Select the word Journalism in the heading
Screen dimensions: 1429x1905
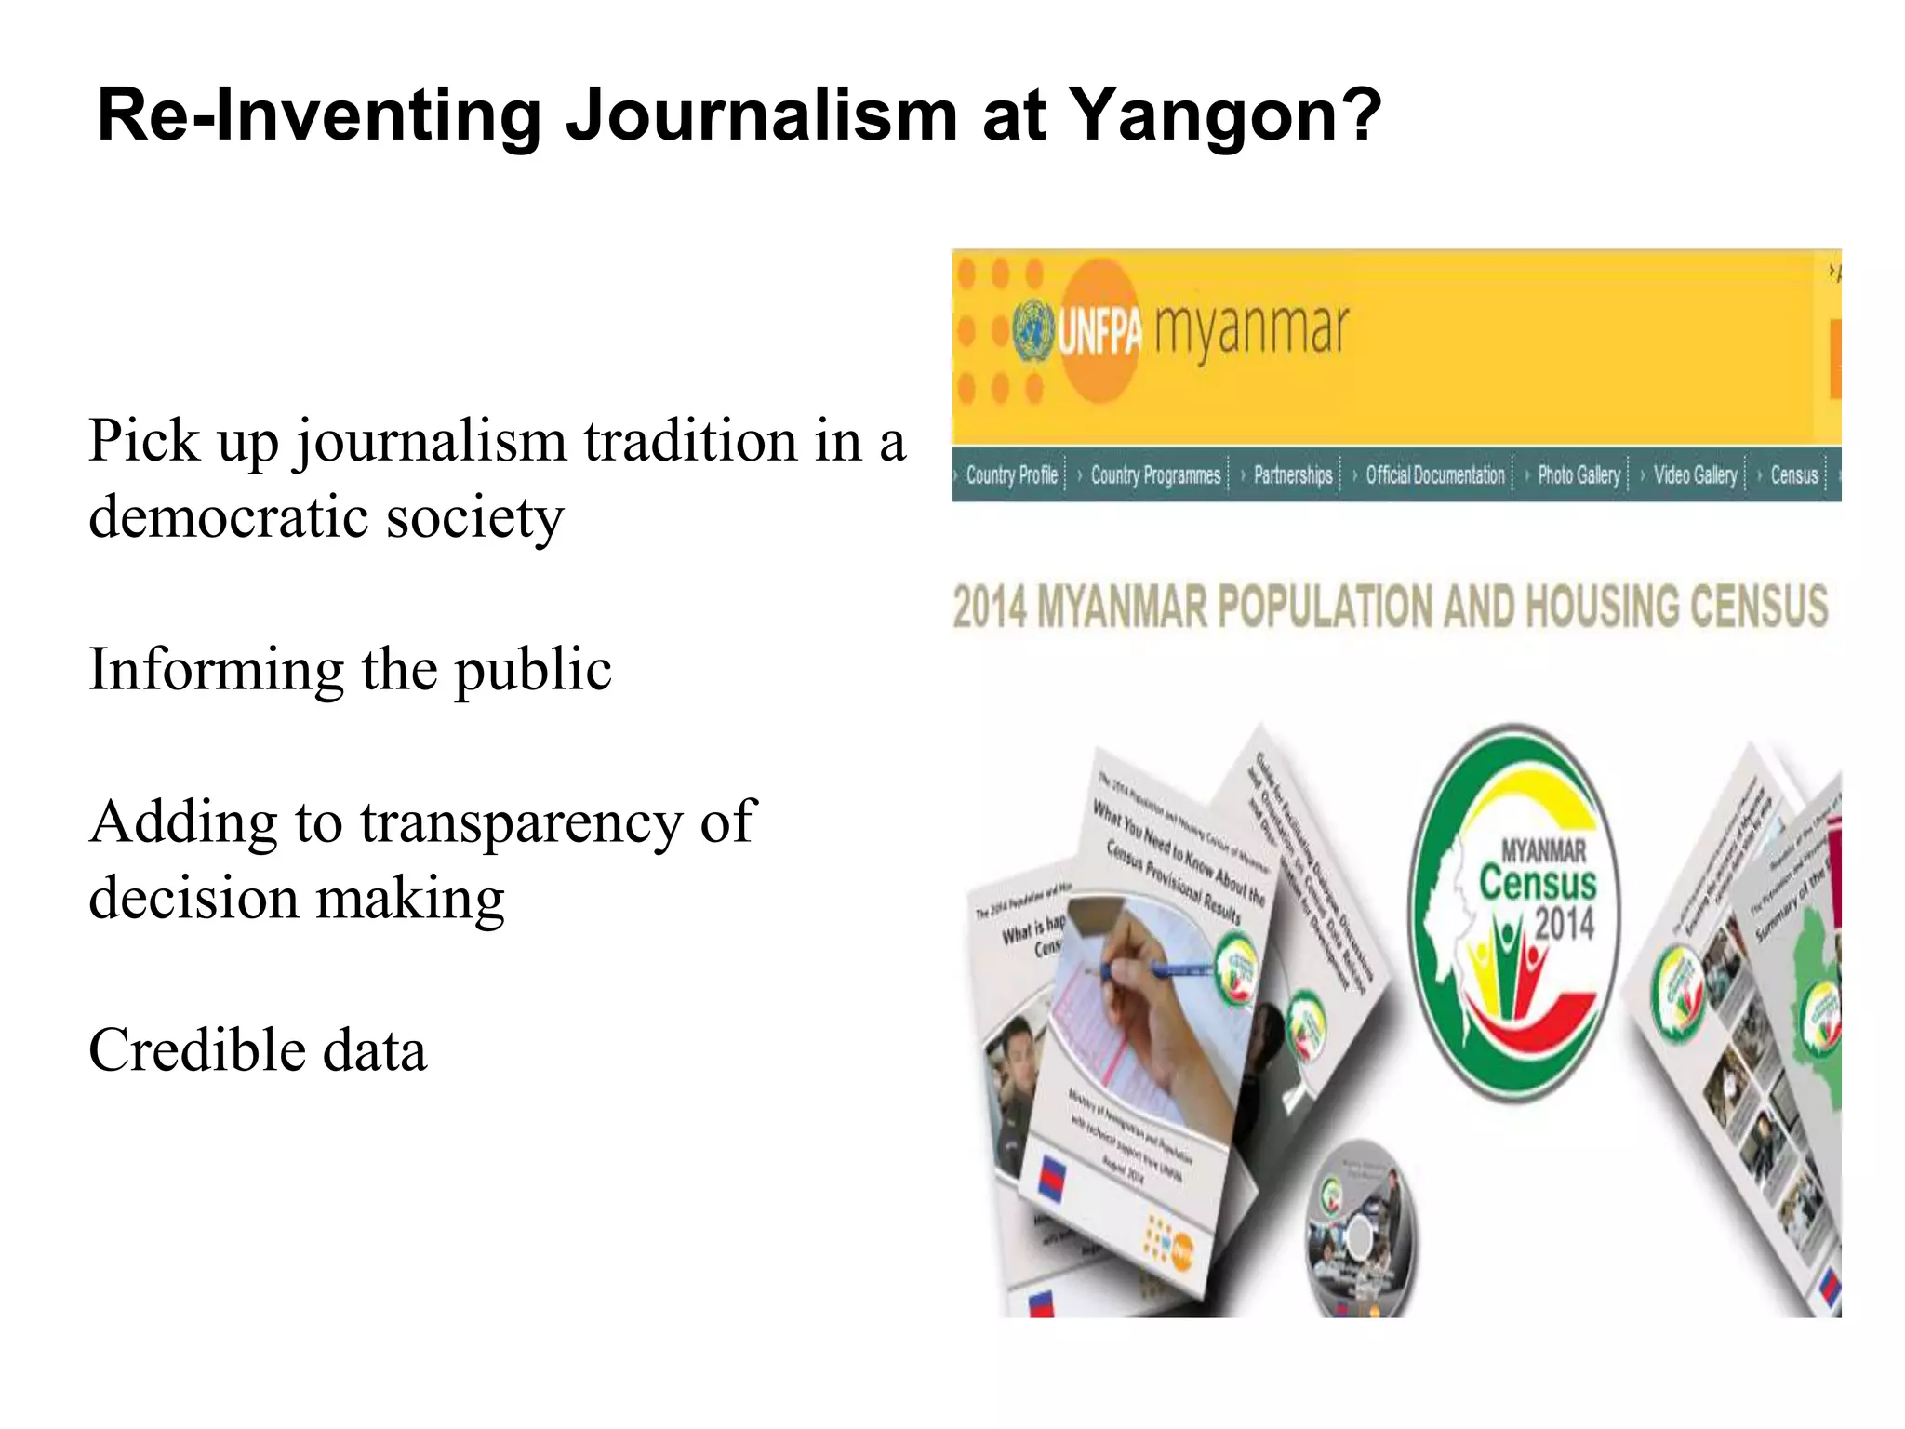[x=762, y=116]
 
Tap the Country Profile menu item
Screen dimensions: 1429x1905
[x=1011, y=475]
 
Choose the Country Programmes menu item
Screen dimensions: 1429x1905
[x=1154, y=475]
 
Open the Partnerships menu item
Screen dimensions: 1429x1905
[x=1293, y=475]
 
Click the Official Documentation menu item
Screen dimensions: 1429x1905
[x=1434, y=475]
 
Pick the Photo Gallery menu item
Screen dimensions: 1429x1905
[x=1579, y=475]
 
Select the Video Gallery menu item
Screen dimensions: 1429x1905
[x=1695, y=475]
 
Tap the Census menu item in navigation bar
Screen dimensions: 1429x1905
[x=1793, y=475]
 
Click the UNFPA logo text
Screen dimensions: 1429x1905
[x=1099, y=331]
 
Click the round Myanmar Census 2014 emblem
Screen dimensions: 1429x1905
[x=1514, y=912]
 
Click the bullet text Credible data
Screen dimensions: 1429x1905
[x=258, y=1050]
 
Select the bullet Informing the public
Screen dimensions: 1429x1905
[x=350, y=670]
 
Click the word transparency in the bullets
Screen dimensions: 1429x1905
[x=521, y=823]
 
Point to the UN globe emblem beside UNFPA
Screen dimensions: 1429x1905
[x=1032, y=331]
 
